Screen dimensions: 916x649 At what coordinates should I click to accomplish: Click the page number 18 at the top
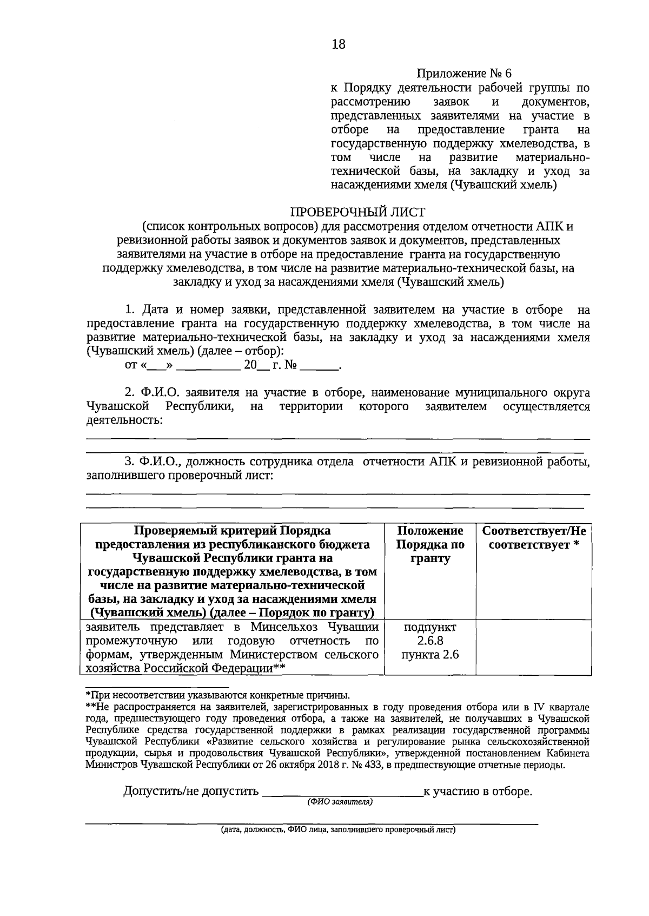[339, 44]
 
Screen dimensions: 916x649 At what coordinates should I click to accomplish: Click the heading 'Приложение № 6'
[463, 74]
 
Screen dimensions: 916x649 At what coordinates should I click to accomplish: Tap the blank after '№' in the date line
[318, 365]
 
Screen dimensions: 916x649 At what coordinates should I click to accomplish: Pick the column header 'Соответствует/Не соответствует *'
[533, 537]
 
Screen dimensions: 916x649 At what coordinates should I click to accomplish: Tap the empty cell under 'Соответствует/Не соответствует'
[533, 647]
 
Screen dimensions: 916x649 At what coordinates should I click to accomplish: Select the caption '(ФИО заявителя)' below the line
[340, 802]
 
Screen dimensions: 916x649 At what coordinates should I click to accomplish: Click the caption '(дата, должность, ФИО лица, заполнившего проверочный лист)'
[338, 829]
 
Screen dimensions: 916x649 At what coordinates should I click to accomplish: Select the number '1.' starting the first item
[130, 310]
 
